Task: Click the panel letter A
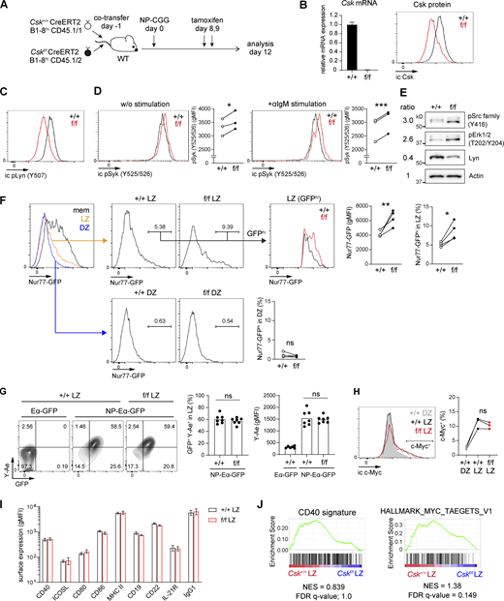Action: tap(7, 8)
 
